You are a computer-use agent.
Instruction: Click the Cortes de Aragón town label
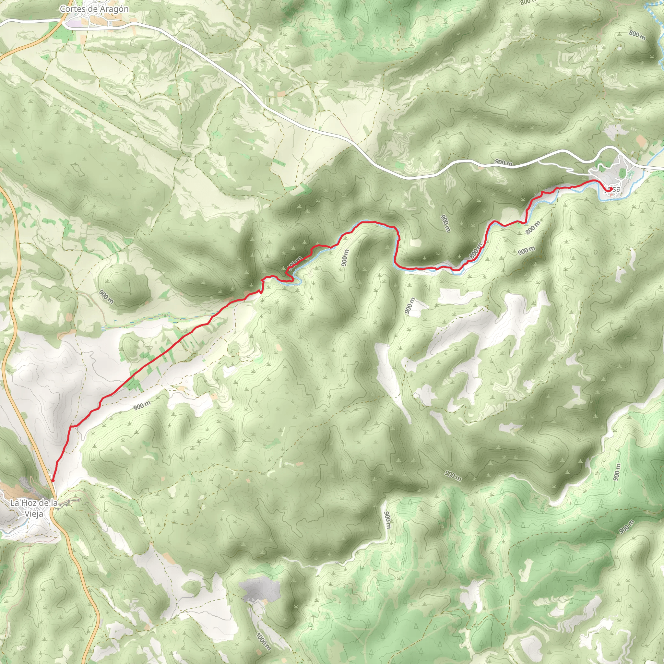pyautogui.click(x=94, y=9)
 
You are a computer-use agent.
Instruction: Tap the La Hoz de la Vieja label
pyautogui.click(x=34, y=508)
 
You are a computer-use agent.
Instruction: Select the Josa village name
pyautogui.click(x=612, y=189)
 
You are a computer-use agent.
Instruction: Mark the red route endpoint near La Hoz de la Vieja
pyautogui.click(x=53, y=480)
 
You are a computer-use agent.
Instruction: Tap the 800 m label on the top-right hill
pyautogui.click(x=637, y=35)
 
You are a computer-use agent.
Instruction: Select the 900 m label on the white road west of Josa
pyautogui.click(x=504, y=162)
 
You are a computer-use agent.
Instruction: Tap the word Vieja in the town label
pyautogui.click(x=34, y=514)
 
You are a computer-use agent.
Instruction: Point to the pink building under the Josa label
pyautogui.click(x=612, y=195)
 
